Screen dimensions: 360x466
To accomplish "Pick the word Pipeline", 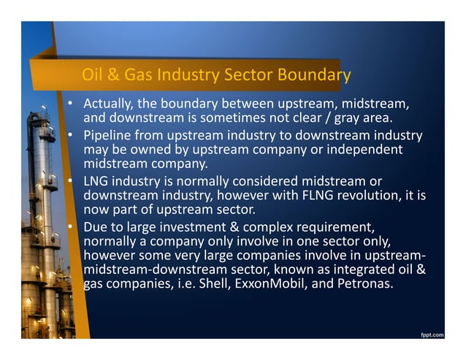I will (x=108, y=136).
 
